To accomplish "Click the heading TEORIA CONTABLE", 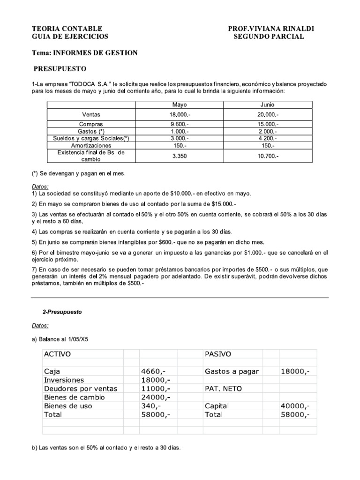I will tap(67, 29).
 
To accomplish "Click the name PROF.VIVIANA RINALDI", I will tap(271, 29).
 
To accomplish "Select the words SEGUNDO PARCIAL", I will tap(269, 37).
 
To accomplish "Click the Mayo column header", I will tap(180, 105).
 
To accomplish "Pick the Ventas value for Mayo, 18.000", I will tap(180, 114).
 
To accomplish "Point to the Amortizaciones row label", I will tap(91, 146).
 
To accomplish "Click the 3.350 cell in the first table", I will tap(180, 157).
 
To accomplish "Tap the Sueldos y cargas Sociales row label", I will tap(91, 139).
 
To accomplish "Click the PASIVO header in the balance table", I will tap(218, 354).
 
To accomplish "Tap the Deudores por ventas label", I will tap(80, 389).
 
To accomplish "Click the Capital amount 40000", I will tap(295, 406).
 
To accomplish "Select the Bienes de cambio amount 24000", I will tap(155, 397).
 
